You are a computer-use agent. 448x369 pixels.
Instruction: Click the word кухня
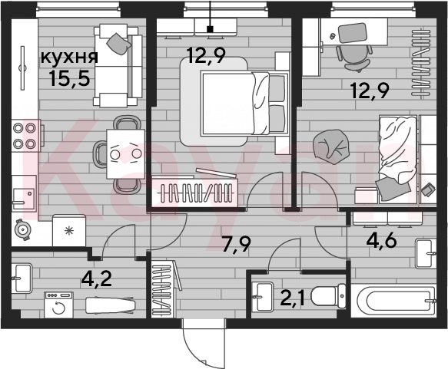coord(69,57)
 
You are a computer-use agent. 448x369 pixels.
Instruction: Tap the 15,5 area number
coord(69,78)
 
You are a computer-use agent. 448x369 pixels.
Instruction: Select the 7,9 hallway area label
coord(236,245)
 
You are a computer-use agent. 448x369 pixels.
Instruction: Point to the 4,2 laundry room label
coord(96,280)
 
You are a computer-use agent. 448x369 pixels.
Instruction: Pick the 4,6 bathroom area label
coord(381,241)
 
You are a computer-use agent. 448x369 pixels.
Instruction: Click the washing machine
coord(58,305)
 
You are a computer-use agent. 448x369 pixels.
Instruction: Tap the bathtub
coord(393,301)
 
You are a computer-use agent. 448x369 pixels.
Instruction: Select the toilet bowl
coord(328,296)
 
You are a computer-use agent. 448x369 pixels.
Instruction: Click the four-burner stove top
coord(25,136)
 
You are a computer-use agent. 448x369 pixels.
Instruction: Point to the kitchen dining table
coord(126,154)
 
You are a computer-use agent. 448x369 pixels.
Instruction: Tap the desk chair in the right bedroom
coord(354,58)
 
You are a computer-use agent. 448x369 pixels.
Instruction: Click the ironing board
coord(111,305)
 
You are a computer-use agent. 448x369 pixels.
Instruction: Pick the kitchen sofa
coord(118,65)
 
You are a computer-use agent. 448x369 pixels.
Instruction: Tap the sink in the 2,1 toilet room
coord(264,297)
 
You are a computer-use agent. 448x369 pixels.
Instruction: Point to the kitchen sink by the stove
coord(24,193)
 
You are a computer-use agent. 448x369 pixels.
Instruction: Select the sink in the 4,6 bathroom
coord(426,253)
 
